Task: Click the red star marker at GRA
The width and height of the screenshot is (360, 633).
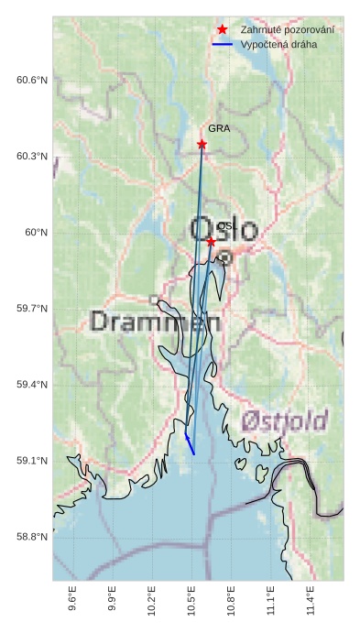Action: [x=202, y=144]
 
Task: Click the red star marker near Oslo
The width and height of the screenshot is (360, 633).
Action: [x=211, y=242]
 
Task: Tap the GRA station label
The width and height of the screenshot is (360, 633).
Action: [x=219, y=129]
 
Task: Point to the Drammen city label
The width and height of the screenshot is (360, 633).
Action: [x=156, y=322]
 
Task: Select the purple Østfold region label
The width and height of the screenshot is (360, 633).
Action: [x=285, y=421]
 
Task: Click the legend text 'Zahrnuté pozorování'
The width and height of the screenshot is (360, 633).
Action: [x=287, y=29]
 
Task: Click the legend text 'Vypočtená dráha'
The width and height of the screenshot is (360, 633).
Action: [x=278, y=44]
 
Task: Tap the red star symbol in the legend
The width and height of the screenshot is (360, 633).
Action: [x=222, y=29]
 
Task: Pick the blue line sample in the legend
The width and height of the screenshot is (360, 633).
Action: [x=222, y=44]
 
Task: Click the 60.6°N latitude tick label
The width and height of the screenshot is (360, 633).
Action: [x=31, y=81]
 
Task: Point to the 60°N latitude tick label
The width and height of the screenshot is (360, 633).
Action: [x=36, y=233]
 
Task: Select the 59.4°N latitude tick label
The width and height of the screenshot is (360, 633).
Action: [x=31, y=385]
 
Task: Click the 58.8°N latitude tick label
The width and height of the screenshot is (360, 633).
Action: [x=31, y=537]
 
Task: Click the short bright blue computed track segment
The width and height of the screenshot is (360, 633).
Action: [x=190, y=444]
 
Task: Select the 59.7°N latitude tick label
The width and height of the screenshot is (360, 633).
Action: [x=31, y=309]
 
